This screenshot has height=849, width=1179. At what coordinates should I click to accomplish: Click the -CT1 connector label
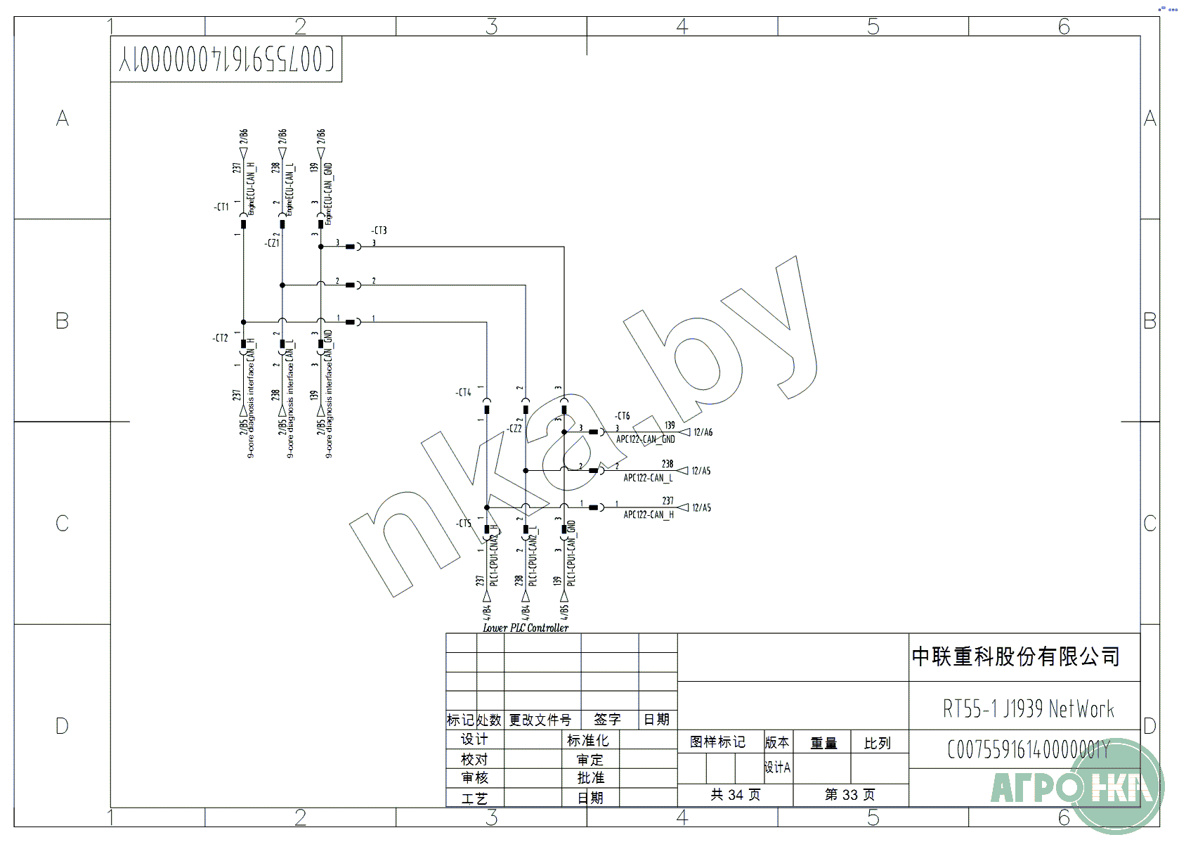[x=221, y=207]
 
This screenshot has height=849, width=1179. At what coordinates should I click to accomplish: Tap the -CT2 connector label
[x=221, y=338]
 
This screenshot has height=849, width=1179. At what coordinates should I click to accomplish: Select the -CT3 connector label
[x=379, y=231]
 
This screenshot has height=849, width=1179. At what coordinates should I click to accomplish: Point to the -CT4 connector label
[x=464, y=392]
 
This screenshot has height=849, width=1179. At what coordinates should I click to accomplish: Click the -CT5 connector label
[x=464, y=524]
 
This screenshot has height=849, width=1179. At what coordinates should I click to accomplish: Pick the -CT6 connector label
[x=623, y=416]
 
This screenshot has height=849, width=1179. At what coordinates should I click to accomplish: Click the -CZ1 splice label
[x=272, y=243]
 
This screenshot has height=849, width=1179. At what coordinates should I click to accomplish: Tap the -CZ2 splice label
[x=515, y=429]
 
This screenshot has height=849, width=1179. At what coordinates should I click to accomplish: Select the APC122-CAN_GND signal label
[x=645, y=440]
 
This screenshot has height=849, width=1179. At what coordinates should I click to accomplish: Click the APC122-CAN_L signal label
[x=648, y=478]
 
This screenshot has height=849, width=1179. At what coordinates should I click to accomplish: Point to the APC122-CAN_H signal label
[x=648, y=515]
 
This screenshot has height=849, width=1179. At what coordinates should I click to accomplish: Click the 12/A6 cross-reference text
[x=703, y=432]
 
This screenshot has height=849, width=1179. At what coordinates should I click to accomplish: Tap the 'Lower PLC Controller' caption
[x=526, y=628]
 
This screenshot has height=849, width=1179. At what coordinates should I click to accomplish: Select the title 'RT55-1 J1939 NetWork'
[x=1028, y=709]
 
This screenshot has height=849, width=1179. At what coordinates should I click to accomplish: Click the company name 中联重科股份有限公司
[x=1015, y=657]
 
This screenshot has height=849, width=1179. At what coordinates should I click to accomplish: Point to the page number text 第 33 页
[x=849, y=795]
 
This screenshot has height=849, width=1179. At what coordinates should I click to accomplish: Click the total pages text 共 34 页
[x=735, y=795]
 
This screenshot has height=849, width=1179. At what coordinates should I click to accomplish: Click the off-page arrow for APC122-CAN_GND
[x=684, y=432]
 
